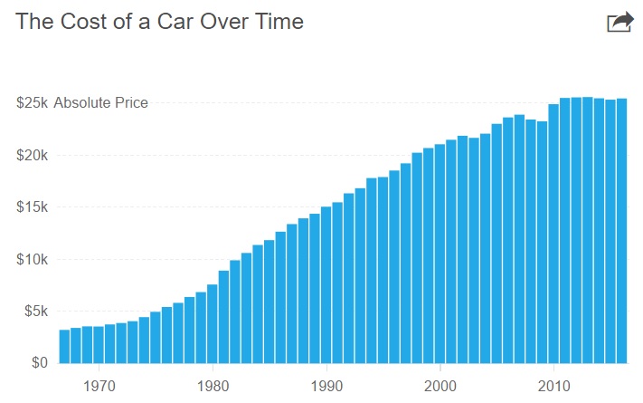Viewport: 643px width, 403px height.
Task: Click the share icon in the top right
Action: (x=619, y=22)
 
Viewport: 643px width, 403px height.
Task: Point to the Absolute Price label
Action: (x=100, y=103)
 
